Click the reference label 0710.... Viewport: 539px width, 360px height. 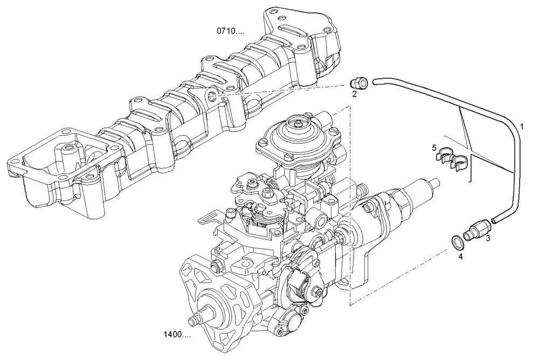point(230,31)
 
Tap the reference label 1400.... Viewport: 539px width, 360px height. point(176,335)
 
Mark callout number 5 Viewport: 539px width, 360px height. point(433,147)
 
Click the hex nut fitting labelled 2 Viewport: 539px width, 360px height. point(360,83)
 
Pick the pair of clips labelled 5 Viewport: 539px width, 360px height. point(451,157)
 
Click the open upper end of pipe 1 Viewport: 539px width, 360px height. point(376,81)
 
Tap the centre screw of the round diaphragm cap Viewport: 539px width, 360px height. point(298,124)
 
